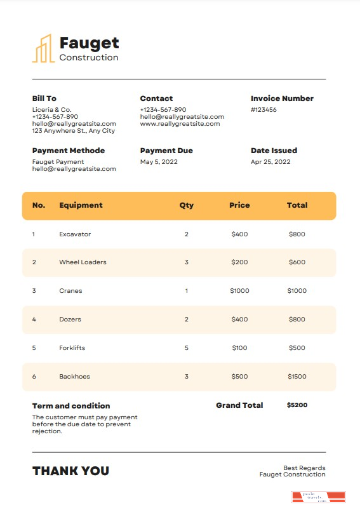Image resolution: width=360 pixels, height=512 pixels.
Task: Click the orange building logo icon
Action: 43,49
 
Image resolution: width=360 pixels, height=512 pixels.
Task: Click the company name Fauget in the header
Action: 89,43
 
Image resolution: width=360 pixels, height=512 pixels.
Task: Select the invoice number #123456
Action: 263,110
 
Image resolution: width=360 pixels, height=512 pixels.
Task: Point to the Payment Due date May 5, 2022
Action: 159,162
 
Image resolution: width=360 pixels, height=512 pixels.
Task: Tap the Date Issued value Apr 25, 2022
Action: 270,162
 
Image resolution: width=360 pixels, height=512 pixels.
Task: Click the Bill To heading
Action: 44,98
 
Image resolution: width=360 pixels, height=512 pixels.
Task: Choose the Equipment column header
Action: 81,205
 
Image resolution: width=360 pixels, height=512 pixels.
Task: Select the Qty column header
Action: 187,205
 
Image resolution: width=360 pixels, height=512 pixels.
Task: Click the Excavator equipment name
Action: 75,234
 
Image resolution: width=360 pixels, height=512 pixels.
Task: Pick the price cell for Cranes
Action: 239,291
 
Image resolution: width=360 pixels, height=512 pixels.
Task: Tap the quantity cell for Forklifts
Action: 187,348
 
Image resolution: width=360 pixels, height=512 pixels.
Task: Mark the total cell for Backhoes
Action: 297,377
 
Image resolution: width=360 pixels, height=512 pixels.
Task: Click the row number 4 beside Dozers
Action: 34,320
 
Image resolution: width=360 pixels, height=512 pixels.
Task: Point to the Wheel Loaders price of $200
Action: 239,262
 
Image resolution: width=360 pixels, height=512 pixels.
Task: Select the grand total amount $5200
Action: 297,405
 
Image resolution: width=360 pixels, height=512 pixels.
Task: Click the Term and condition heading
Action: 71,406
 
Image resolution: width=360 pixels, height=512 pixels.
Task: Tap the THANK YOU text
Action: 70,471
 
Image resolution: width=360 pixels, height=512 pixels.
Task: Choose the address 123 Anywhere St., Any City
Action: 74,131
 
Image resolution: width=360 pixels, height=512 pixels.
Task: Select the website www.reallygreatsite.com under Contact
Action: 180,124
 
